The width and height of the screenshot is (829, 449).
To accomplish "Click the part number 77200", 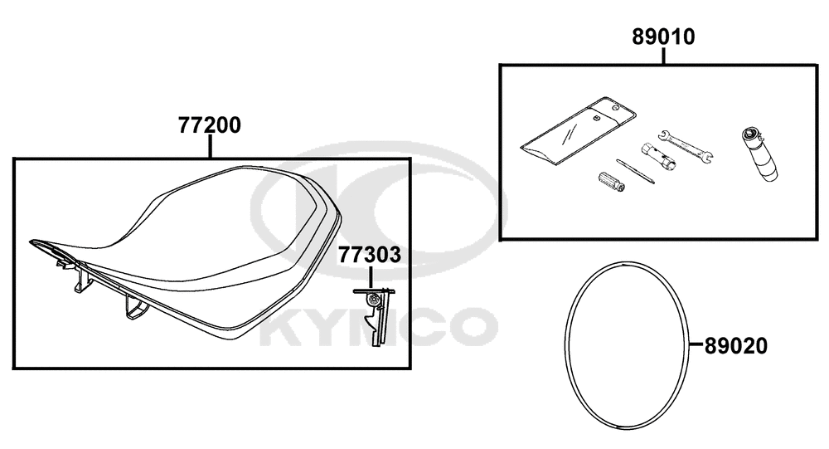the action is (210, 125).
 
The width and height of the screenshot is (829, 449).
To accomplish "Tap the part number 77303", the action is (370, 255).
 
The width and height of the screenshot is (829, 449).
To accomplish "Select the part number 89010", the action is (663, 37).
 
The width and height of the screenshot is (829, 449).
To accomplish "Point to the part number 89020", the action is (736, 346).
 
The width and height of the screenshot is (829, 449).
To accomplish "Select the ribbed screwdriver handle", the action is (612, 182).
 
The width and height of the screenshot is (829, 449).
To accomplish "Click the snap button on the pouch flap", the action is (596, 118).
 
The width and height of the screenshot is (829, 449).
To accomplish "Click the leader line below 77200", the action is (210, 147).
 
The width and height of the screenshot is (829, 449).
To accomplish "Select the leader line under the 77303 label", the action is (370, 276).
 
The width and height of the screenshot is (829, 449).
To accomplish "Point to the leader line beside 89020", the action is (697, 346).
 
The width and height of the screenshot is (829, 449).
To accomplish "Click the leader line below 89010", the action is (663, 56).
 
